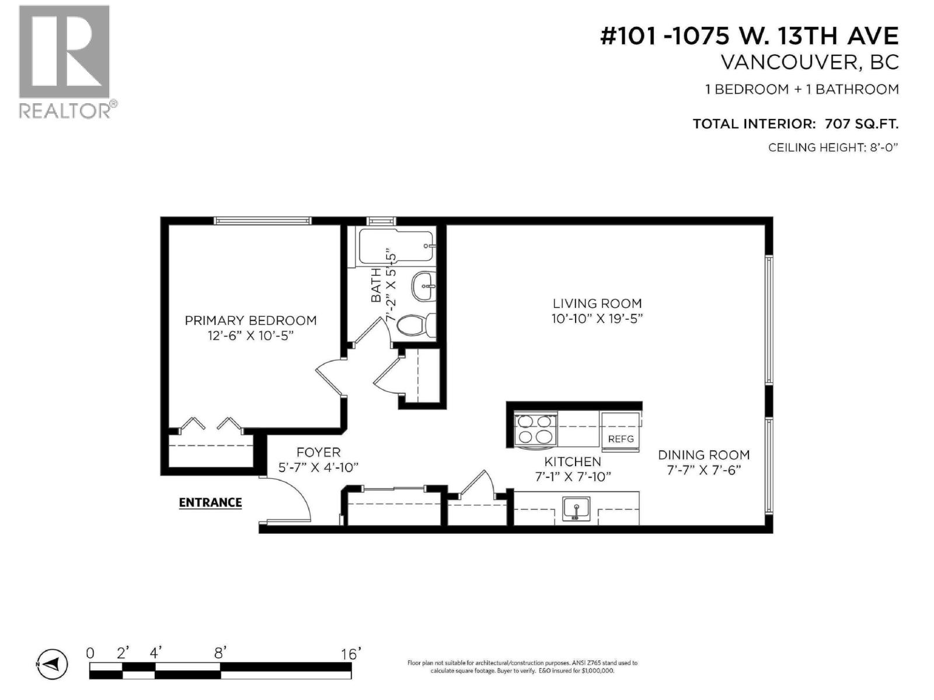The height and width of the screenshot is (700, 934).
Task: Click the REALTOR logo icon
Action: pos(64,52)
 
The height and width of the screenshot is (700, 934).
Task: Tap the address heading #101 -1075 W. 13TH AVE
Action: pos(750,36)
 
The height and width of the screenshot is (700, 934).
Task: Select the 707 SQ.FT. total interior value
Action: pos(861,124)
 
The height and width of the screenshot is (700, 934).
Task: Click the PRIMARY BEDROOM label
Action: pos(250,320)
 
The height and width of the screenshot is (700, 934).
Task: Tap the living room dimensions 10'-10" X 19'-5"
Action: pos(597,318)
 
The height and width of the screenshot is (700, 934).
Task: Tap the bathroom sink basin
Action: pos(423,286)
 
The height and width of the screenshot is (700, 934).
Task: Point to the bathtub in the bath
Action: pos(395,247)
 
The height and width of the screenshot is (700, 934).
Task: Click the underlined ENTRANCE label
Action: pos(210,502)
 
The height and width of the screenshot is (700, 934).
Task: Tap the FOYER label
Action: pos(318,452)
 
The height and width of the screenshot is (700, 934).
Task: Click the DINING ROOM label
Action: pos(703,455)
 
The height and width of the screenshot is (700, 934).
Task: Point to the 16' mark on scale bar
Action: pos(348,654)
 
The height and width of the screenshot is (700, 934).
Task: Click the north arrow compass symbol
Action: pos(52,664)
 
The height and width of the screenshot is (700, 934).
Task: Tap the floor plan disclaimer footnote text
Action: pos(522,667)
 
